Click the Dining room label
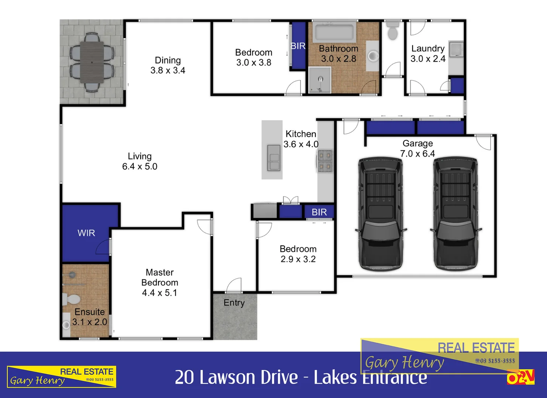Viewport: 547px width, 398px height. point(168,60)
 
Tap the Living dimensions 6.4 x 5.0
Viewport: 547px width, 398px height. point(140,167)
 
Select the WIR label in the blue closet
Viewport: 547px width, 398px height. point(86,233)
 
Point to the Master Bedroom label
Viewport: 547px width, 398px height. point(159,277)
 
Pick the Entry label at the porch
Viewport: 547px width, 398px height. point(234,303)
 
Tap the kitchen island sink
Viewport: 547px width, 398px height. point(273,157)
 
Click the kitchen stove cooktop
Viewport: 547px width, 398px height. point(325,161)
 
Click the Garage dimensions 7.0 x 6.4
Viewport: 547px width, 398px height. point(417,154)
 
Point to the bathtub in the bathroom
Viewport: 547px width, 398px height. point(334,32)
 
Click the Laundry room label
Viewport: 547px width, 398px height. point(428,49)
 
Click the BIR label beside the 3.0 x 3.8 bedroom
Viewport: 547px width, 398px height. point(298,46)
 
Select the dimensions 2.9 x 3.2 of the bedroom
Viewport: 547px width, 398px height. point(298,259)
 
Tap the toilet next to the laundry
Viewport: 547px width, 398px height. point(392,31)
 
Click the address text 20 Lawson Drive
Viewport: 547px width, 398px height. point(236,377)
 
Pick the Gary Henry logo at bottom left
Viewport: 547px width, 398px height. point(62,377)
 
